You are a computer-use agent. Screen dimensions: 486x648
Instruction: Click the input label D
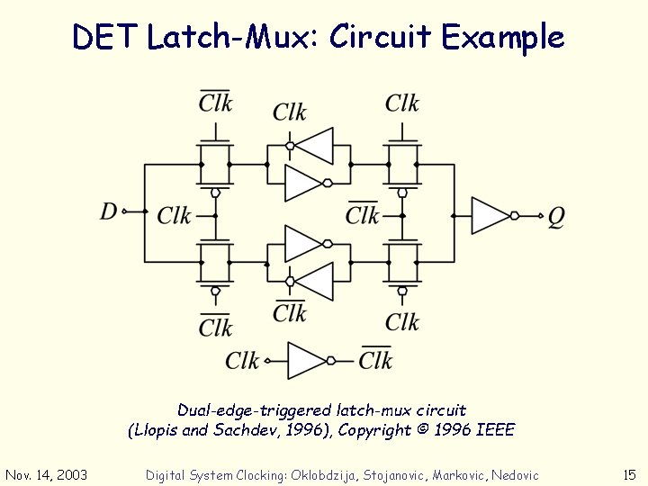point(109,211)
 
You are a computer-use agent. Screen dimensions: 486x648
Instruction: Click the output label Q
point(556,217)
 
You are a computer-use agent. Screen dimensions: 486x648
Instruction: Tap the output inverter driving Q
point(491,216)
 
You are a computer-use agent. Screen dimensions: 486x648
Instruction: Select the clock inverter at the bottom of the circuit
point(307,360)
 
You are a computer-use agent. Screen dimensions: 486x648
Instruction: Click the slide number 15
point(629,474)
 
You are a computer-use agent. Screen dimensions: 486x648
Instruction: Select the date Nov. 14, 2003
point(47,474)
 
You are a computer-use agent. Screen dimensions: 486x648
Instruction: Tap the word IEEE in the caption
point(494,430)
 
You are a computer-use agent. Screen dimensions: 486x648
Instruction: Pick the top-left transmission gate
point(215,165)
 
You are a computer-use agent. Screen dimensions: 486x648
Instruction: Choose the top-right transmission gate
point(402,165)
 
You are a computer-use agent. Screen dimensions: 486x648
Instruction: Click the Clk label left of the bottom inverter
point(242,361)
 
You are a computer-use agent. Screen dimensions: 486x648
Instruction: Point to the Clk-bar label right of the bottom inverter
point(375,360)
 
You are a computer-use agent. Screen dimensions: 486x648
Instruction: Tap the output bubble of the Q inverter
point(515,216)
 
